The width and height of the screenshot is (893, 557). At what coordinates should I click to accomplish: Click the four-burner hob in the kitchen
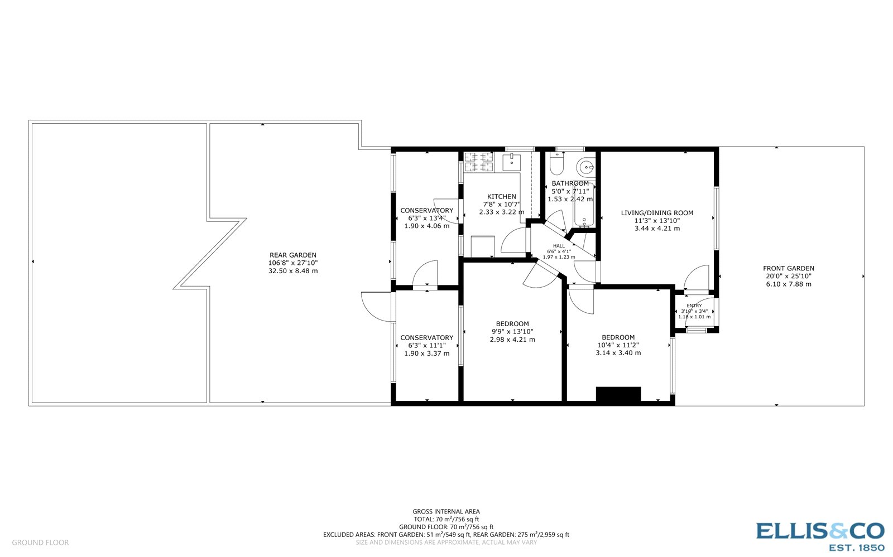[x=479, y=162]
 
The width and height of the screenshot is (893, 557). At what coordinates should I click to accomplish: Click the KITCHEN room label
[x=501, y=196]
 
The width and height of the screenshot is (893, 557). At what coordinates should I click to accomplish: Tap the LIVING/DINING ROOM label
[x=657, y=212]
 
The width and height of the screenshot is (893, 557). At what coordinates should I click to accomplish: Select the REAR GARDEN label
[x=292, y=255]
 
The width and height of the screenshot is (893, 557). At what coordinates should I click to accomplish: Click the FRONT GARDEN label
[x=789, y=268]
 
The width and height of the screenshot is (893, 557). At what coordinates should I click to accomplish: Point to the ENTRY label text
[x=694, y=306]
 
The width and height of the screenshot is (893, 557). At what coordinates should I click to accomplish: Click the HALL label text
[x=559, y=246]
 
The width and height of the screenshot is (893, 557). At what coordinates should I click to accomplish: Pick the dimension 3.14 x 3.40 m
[x=618, y=353]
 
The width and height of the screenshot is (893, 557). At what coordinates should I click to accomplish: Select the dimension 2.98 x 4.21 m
[x=512, y=340]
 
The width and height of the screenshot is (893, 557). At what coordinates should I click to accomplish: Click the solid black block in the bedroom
[x=618, y=394]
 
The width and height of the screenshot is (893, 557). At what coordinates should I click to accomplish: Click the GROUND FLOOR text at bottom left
[x=40, y=543]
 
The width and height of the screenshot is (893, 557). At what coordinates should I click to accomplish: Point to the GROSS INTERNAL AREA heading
[x=446, y=511]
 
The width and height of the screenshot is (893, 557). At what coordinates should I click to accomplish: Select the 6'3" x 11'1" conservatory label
[x=426, y=345]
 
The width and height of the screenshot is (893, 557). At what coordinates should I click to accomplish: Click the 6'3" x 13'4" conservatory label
[x=426, y=218]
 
